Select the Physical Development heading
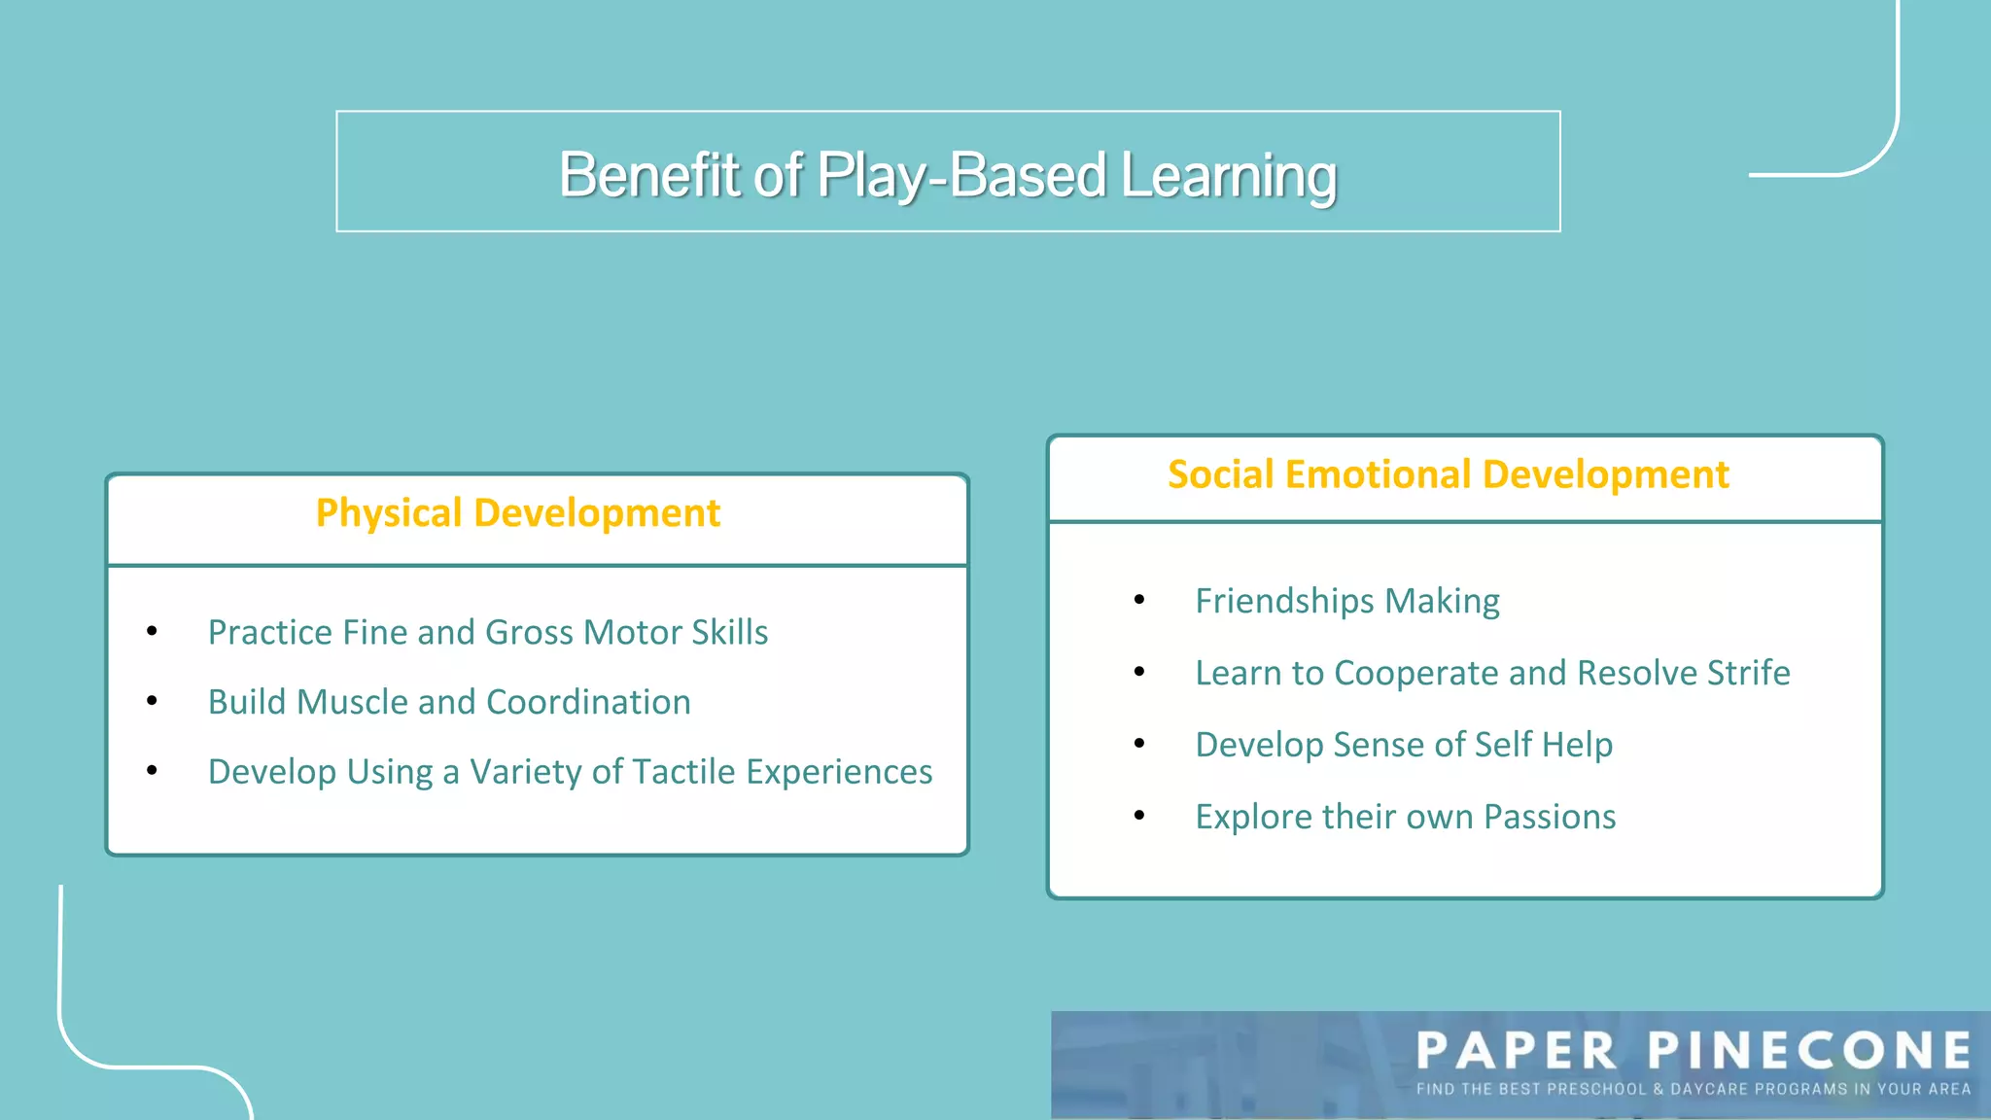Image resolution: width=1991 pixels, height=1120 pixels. [x=517, y=513]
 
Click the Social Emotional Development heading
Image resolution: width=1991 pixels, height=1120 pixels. [x=1448, y=474]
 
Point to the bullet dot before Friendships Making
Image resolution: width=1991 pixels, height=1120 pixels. [x=1138, y=600]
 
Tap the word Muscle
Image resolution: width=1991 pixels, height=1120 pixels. [x=353, y=702]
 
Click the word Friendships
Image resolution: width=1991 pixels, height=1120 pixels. [x=1285, y=601]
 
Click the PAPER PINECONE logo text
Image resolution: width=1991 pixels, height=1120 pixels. [x=1693, y=1051]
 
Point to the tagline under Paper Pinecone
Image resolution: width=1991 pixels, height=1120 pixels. [x=1693, y=1089]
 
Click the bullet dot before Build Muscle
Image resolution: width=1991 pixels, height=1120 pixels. [x=152, y=701]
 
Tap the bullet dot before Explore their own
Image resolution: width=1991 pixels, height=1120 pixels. [x=1138, y=816]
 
